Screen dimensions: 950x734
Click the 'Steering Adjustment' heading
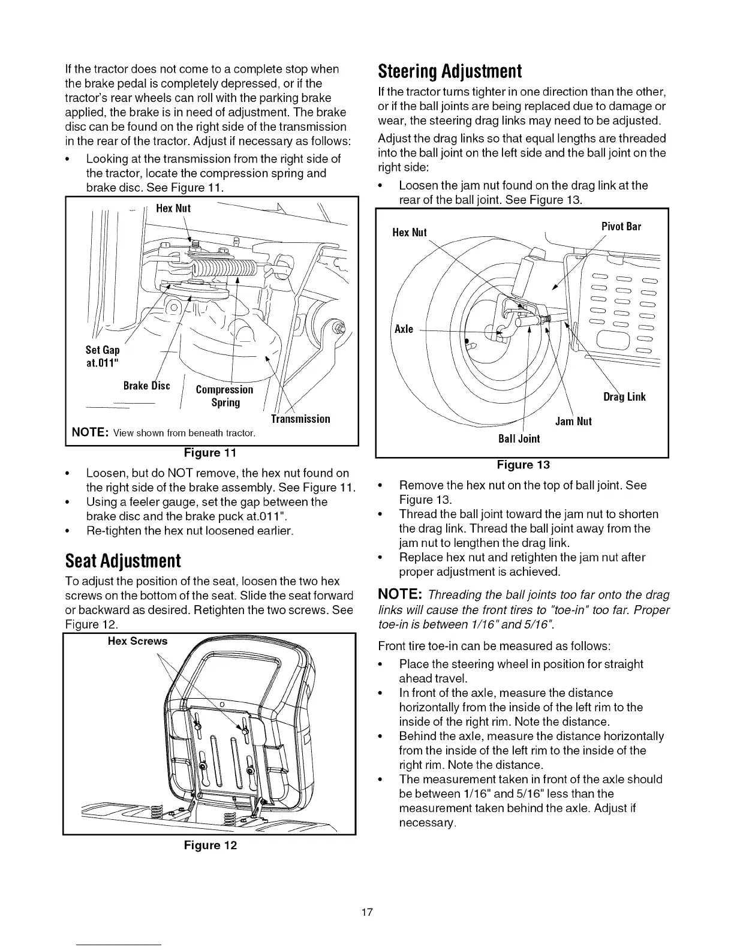[450, 72]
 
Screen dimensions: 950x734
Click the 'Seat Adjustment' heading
[123, 561]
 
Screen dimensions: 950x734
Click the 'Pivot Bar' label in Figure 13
[621, 227]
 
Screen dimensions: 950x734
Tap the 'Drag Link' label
[624, 397]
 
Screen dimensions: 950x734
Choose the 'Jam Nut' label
[573, 422]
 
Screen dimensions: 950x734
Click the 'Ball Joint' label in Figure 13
[519, 439]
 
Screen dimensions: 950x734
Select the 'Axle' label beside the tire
[404, 329]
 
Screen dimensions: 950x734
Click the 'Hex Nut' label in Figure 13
[409, 233]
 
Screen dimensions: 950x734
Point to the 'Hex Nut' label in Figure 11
[173, 209]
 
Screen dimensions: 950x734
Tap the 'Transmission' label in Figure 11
[300, 419]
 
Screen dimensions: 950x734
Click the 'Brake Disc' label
[146, 386]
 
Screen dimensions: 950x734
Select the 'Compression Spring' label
[225, 396]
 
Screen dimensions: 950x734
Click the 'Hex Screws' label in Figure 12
[137, 641]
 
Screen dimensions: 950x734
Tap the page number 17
[367, 913]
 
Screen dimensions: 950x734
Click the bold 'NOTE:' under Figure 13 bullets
[400, 594]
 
